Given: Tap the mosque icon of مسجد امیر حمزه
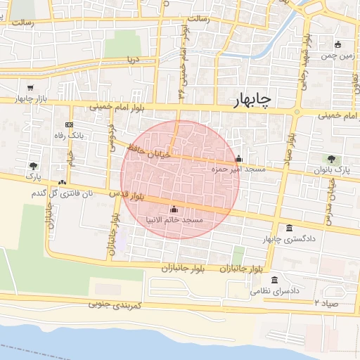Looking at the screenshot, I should click(238, 158).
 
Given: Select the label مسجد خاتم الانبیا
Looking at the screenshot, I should click(174, 220).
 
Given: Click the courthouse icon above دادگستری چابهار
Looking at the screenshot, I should click(290, 228).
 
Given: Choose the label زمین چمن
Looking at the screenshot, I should click(338, 55).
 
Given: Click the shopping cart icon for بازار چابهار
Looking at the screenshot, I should click(30, 88).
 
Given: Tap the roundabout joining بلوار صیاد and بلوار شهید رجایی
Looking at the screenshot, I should click(297, 112).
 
